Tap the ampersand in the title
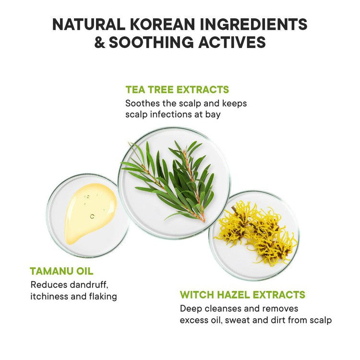[99, 42]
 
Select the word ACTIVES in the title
[232, 42]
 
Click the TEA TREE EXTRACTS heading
[177, 90]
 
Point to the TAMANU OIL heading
[61, 271]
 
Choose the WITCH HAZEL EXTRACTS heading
[242, 295]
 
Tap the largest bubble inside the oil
[92, 216]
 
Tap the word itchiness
[49, 297]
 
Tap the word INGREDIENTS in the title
[253, 24]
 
